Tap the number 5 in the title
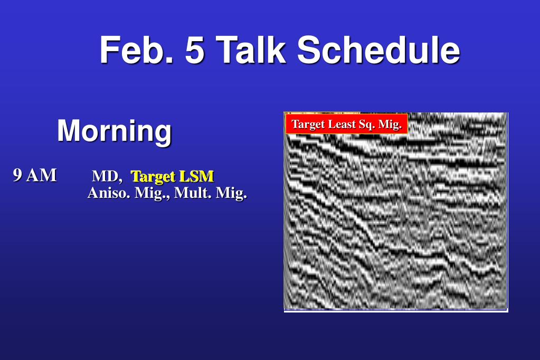195,50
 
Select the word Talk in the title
251,50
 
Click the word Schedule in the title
378,50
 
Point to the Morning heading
115,131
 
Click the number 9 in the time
17,175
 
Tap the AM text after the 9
41,175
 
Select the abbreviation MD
107,176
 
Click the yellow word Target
153,177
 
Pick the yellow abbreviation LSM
197,176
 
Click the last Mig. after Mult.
231,193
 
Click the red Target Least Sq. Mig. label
346,124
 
